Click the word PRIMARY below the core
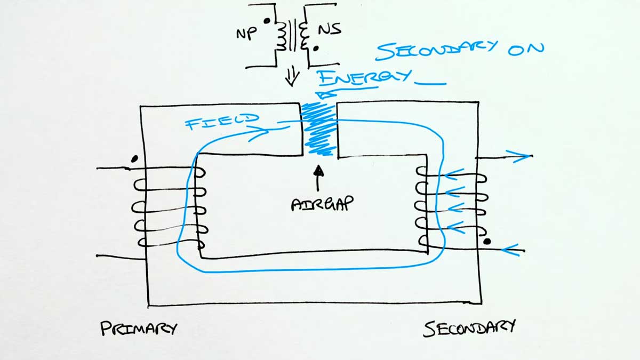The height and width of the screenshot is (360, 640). (x=138, y=329)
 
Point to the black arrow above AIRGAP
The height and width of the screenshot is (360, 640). (x=318, y=178)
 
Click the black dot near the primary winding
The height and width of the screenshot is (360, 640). (x=135, y=158)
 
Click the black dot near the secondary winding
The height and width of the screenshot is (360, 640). (x=486, y=242)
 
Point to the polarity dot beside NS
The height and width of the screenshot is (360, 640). (x=316, y=49)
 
